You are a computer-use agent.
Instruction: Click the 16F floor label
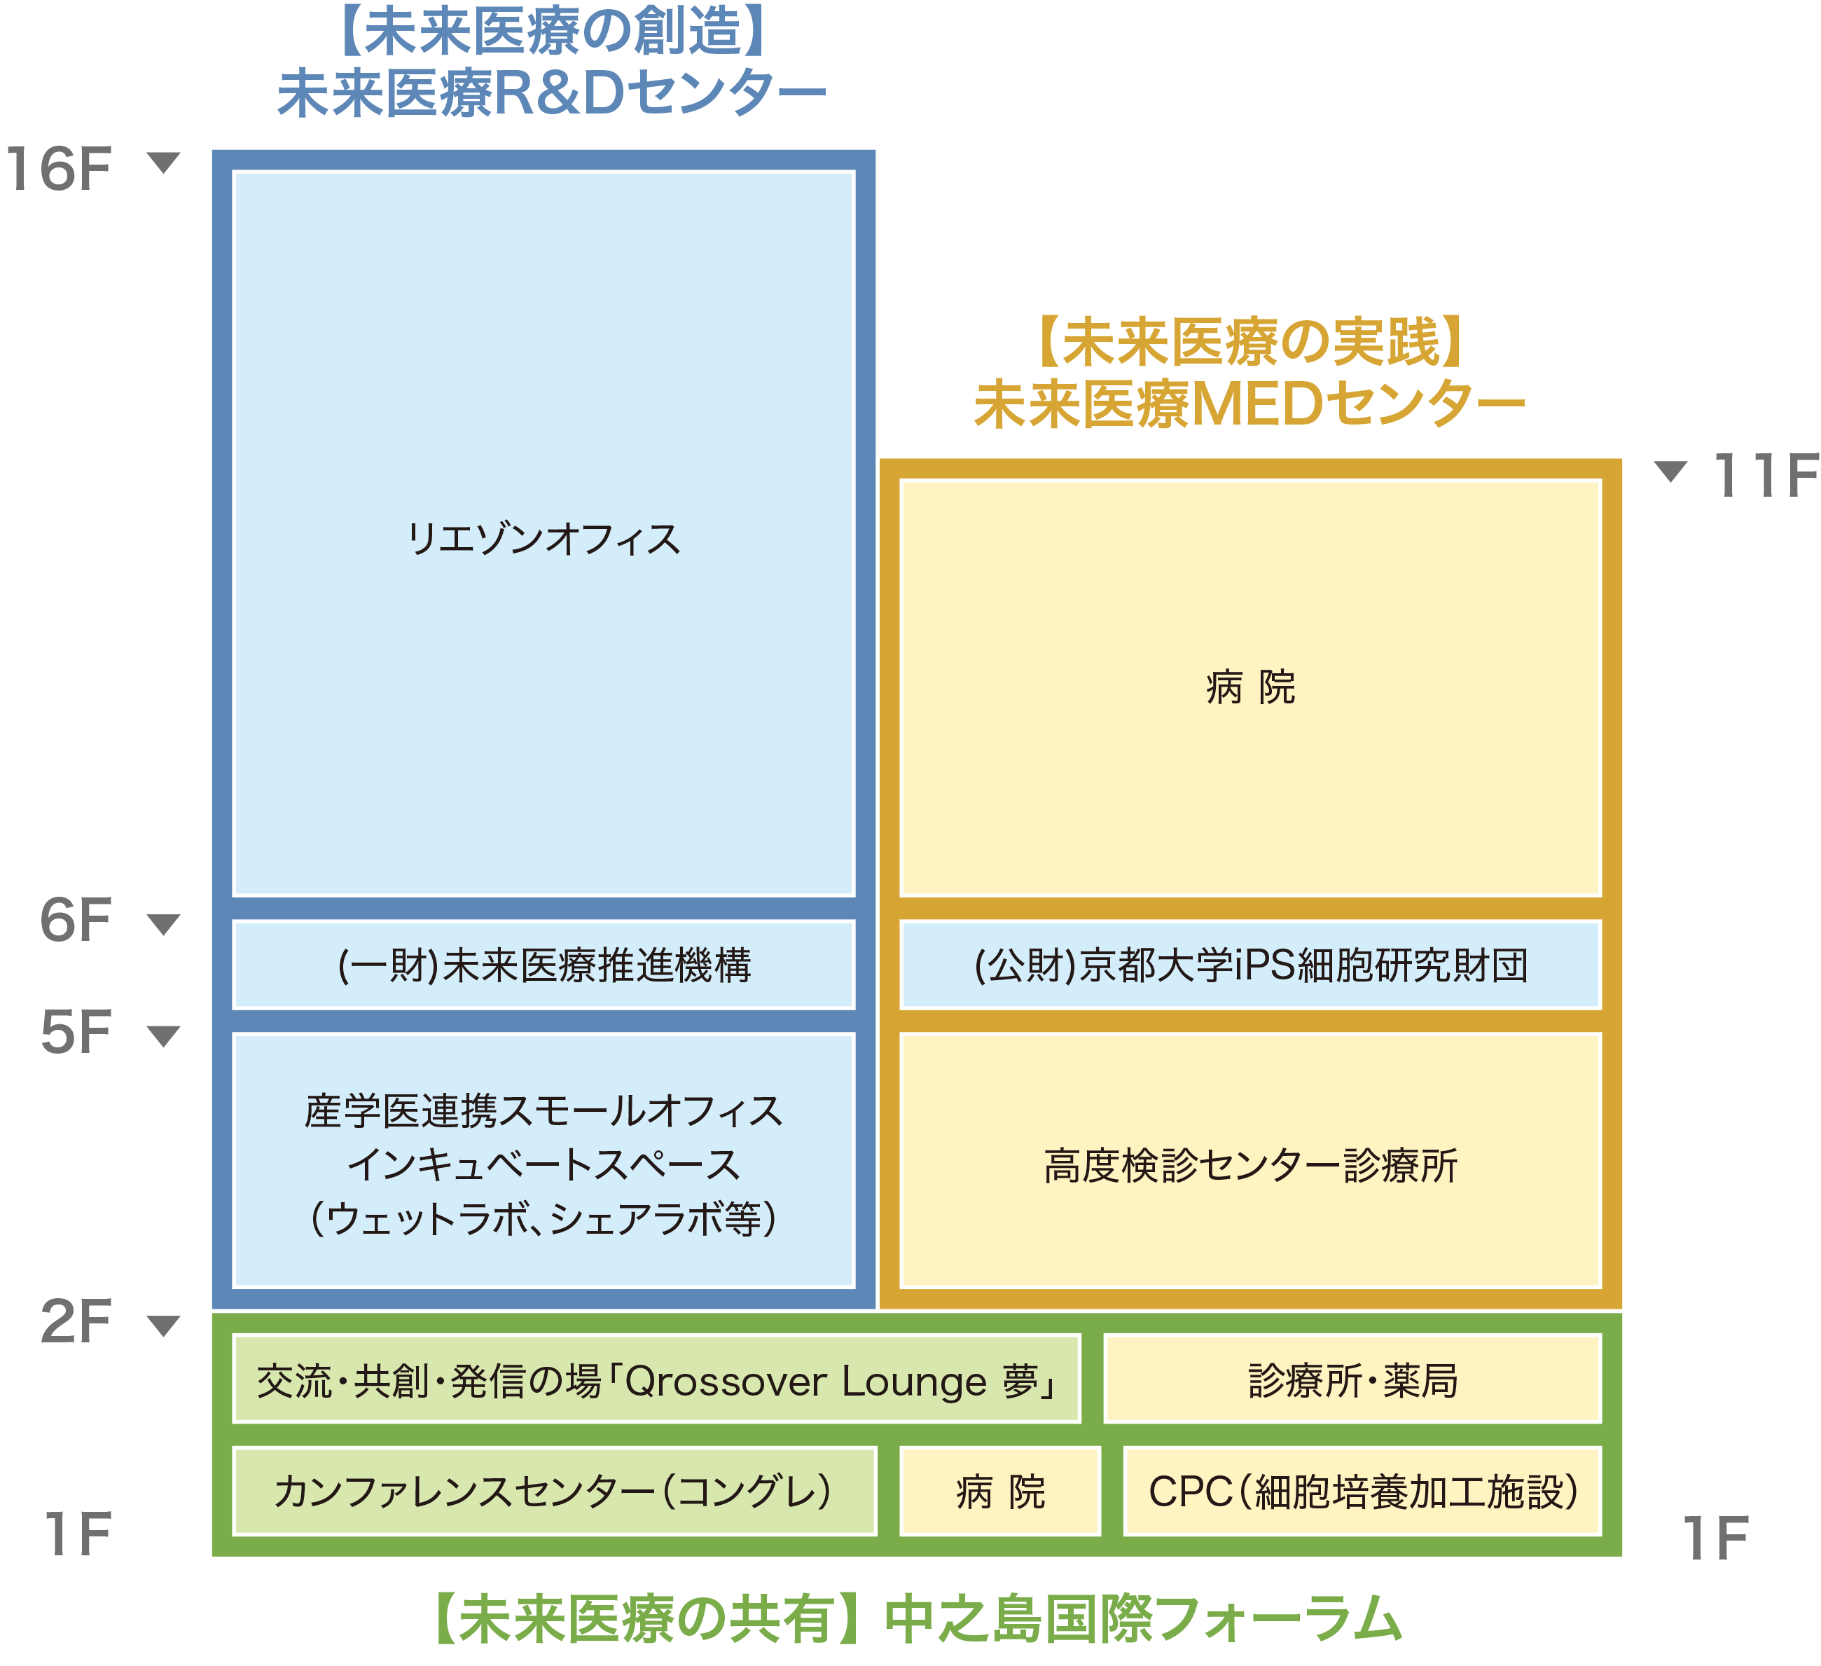[60, 169]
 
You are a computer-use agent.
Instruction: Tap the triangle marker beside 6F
[163, 923]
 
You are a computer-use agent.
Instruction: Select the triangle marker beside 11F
[1670, 471]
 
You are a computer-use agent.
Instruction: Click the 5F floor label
[76, 1032]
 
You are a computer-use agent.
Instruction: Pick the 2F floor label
[76, 1322]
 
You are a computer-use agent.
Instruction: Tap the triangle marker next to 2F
[163, 1325]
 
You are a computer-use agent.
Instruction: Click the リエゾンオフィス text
[543, 539]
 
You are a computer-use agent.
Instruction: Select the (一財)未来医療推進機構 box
[543, 965]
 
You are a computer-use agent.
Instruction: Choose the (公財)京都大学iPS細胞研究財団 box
[1250, 965]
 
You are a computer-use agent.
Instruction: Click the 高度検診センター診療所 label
[1250, 1166]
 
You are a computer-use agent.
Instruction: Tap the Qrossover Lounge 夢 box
[657, 1379]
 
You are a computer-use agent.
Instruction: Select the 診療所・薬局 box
[1352, 1379]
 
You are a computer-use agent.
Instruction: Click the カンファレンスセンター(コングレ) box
[554, 1491]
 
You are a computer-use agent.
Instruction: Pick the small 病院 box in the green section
[1000, 1491]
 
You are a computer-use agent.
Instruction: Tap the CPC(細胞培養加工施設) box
[1362, 1491]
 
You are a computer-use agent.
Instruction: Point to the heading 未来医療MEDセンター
[1249, 404]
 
